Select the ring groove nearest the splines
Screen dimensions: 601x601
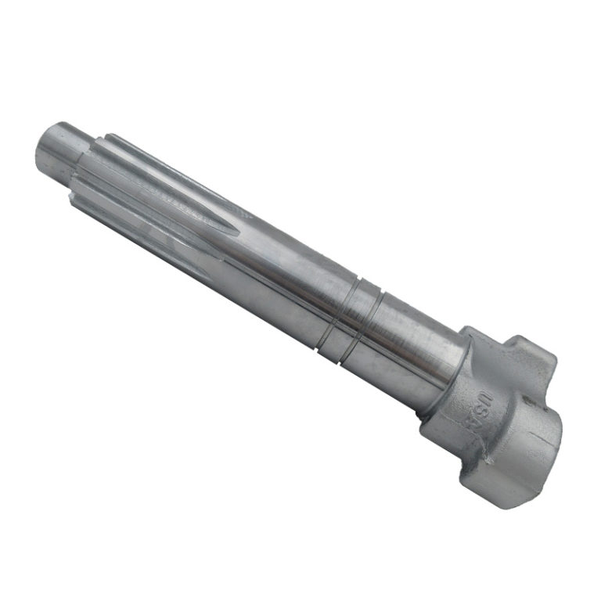[x=336, y=315]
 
